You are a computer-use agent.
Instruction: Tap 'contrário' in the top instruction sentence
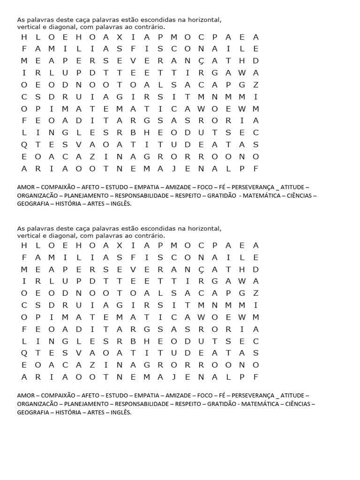(x=150, y=27)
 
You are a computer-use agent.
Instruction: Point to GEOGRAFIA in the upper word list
(x=33, y=204)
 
